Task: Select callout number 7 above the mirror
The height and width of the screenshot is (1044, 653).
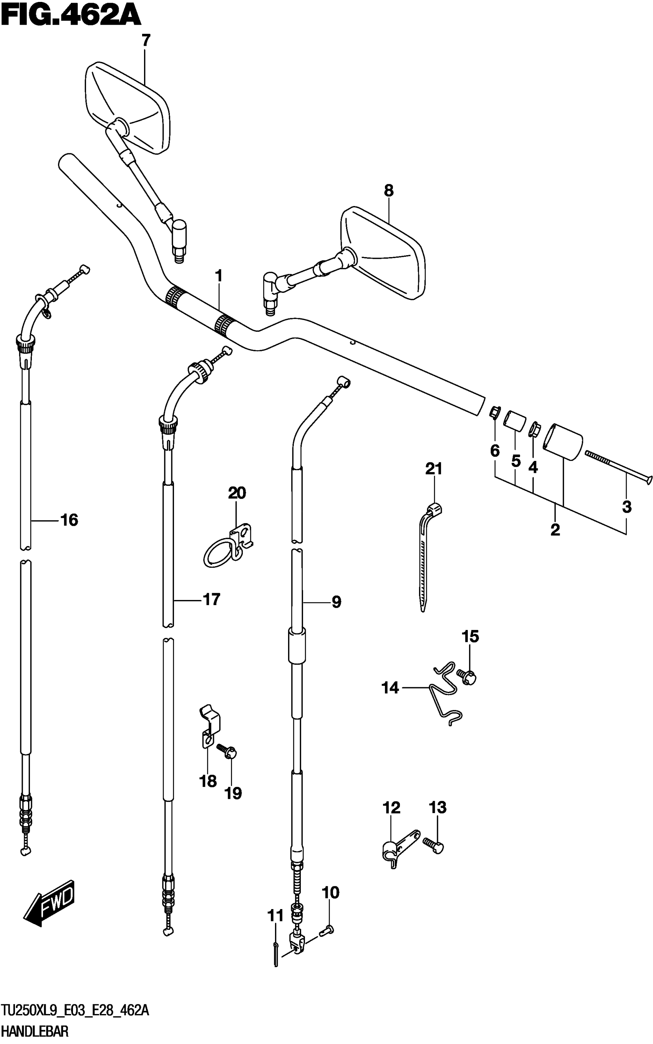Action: tap(146, 41)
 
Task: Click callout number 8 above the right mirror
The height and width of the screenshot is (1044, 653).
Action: tap(389, 190)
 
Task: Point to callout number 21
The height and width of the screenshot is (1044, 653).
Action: tap(434, 469)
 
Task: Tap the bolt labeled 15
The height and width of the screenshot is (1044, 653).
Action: tap(466, 676)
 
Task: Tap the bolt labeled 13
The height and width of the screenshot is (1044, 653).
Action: tap(434, 845)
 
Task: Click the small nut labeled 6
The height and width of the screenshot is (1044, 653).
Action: tap(495, 413)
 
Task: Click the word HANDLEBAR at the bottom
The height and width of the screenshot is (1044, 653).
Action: tap(35, 1032)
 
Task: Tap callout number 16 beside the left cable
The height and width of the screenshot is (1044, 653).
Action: tap(69, 520)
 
